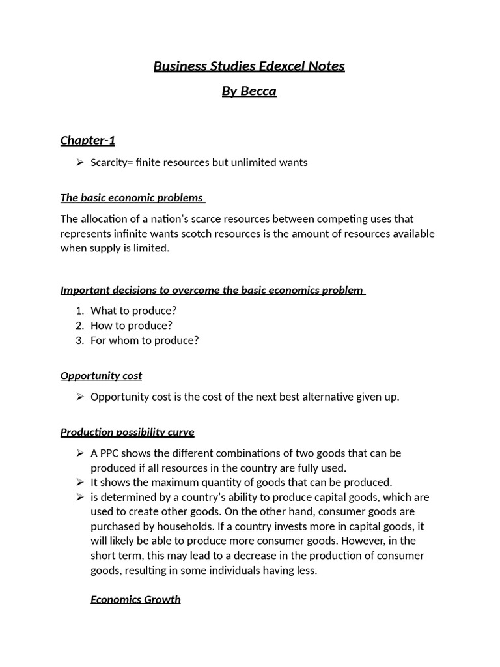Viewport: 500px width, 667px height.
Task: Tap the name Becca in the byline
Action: (x=258, y=91)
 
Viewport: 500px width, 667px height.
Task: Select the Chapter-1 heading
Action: (x=88, y=140)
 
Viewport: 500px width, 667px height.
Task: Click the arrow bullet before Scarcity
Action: (x=79, y=163)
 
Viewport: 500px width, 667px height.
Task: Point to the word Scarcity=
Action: (x=111, y=162)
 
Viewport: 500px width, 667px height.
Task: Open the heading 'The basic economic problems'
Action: (x=132, y=197)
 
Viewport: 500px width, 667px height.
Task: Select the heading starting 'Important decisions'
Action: (x=212, y=290)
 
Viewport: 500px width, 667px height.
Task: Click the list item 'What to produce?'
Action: (x=133, y=311)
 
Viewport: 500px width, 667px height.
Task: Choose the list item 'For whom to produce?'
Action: (x=145, y=340)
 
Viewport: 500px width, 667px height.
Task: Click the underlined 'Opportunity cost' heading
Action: (x=101, y=376)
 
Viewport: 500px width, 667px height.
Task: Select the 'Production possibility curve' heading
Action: (x=128, y=432)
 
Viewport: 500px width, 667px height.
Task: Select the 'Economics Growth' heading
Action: (x=135, y=599)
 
